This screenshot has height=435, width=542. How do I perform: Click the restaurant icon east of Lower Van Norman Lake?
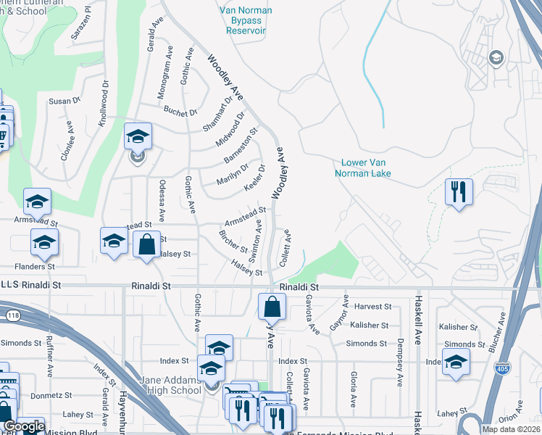pyautogui.click(x=458, y=192)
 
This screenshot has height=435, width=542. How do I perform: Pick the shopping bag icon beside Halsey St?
pyautogui.click(x=146, y=244)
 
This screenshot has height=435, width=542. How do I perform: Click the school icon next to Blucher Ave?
pyautogui.click(x=455, y=361)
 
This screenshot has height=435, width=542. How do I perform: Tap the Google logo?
pyautogui.click(x=23, y=426)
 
